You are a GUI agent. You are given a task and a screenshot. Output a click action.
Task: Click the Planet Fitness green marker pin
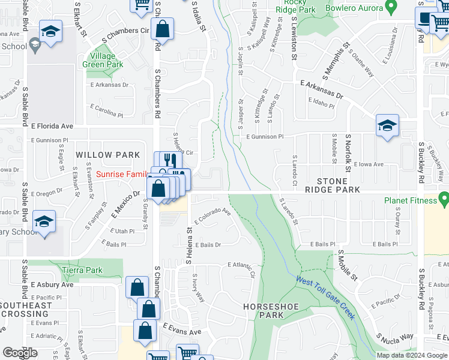tap(444, 198)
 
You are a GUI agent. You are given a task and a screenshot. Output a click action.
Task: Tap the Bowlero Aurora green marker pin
tap(391, 7)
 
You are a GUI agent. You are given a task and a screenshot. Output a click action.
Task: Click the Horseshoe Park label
tap(271, 310)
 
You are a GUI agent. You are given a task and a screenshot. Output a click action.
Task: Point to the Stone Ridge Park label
tap(332, 185)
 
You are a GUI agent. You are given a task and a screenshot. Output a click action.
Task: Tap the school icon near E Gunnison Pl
tap(387, 126)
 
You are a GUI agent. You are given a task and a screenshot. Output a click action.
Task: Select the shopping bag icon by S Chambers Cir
tap(163, 28)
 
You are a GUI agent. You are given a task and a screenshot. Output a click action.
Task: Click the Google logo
tap(20, 352)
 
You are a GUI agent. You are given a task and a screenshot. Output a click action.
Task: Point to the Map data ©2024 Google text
tap(412, 355)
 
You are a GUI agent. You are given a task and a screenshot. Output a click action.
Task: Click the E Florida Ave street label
tap(52, 127)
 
